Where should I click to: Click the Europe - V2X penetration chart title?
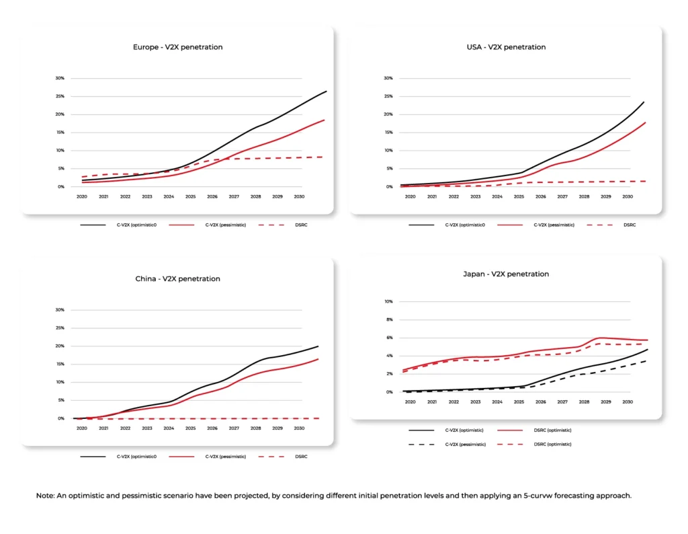click(177, 47)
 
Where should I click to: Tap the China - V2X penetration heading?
click(177, 278)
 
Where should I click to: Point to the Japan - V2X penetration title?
click(506, 274)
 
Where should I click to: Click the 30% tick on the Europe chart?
click(60, 78)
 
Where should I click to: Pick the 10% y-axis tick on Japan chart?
click(388, 301)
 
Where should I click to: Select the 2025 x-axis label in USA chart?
click(519, 196)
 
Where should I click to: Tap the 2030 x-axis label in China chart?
click(300, 428)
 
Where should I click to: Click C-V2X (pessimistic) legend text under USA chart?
click(554, 225)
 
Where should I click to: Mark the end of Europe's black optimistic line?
click(327, 91)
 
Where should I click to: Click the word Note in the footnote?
click(45, 496)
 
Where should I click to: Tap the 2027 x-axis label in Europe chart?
click(234, 196)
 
